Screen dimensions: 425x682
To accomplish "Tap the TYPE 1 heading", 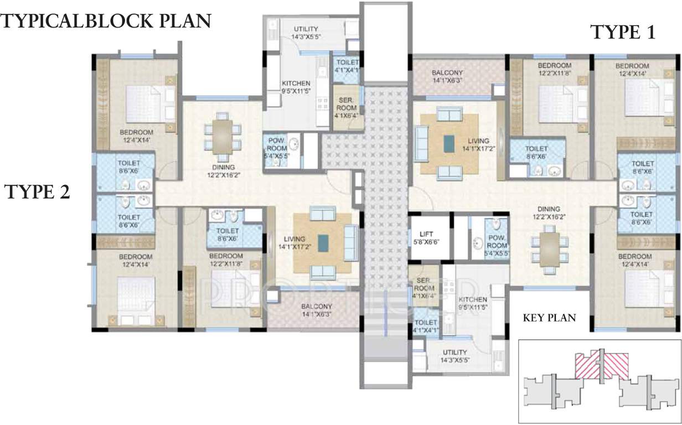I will (x=623, y=33).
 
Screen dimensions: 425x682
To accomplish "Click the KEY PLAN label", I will (x=549, y=318).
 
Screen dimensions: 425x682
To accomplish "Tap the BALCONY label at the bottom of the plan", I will (x=317, y=310).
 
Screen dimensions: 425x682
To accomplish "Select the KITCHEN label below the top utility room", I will (x=296, y=87).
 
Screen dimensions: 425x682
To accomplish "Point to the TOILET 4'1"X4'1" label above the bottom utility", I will (x=426, y=326).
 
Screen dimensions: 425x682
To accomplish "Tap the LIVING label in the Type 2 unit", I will (x=294, y=243).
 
